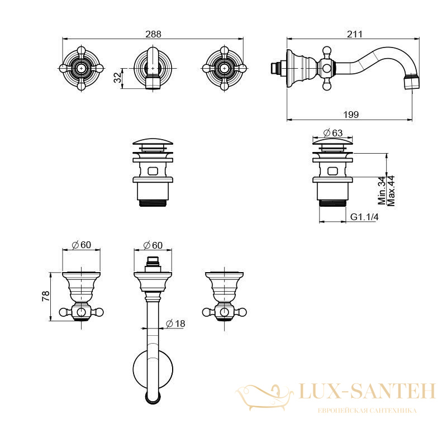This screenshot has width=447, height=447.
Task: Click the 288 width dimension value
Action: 153,34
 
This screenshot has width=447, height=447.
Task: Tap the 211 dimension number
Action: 355,34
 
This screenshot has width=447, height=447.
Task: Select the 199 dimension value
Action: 351,115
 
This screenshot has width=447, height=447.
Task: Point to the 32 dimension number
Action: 117,77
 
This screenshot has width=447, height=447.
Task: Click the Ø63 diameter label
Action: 333,133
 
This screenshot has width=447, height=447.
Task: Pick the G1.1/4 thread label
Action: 364,217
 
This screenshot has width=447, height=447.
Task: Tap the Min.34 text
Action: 382,191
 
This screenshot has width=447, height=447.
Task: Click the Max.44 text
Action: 391,191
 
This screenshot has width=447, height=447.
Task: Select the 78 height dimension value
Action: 46,296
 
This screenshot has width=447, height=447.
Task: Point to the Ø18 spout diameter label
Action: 175,324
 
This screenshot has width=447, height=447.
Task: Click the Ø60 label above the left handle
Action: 81,245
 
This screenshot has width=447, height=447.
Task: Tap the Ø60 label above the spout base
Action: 153,245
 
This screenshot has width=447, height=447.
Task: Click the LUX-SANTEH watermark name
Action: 367,391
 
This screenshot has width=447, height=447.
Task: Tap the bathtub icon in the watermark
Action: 264,397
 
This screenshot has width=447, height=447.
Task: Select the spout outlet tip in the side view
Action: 412,82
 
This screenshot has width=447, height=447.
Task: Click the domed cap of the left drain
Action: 153,142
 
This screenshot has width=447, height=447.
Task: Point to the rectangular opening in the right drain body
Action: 332,171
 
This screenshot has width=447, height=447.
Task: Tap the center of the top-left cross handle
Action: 82,68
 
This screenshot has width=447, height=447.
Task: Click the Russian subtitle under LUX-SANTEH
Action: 367,411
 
